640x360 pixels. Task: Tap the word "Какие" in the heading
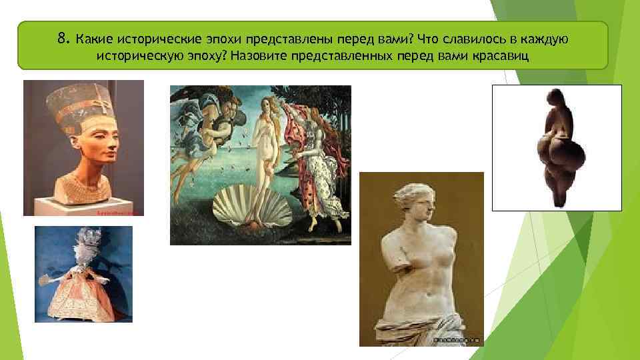coord(95,39)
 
